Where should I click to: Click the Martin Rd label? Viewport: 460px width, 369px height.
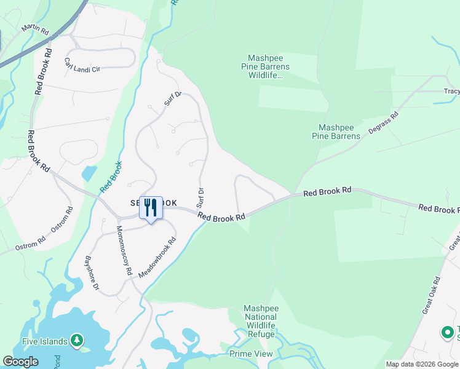pos(34,28)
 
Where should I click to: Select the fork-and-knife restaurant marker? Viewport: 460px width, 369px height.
pos(151,208)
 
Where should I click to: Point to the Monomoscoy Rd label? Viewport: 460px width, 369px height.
pos(125,250)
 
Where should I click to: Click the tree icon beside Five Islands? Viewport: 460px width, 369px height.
pos(76,339)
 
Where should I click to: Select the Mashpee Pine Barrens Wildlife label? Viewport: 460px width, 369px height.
pos(269,66)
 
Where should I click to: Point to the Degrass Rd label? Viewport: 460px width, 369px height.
pos(384,123)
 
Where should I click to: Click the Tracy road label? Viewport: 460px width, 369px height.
pos(451,92)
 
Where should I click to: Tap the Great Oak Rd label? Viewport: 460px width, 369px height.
pos(432,295)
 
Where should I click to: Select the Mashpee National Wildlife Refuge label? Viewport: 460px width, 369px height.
pos(261,321)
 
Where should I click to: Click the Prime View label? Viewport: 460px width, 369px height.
pos(250,354)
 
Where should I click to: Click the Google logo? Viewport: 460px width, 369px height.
pos(20,362)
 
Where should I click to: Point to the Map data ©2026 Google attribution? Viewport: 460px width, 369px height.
pos(422,364)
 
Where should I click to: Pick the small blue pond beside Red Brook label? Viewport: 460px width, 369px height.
pos(89,173)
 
